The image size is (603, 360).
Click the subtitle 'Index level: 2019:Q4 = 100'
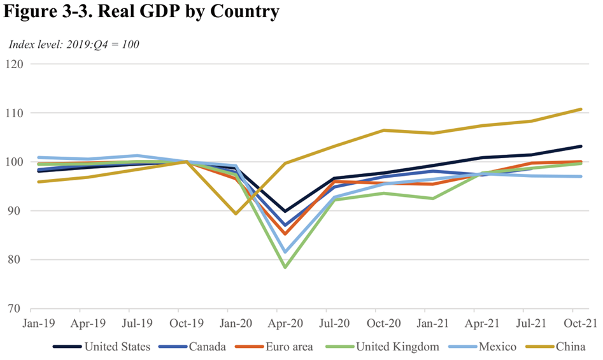(x=74, y=45)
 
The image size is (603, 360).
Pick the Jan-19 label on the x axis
(x=38, y=324)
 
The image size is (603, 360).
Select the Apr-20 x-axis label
(x=285, y=324)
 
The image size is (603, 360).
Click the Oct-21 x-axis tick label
(x=581, y=324)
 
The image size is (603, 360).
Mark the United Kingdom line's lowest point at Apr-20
(x=285, y=267)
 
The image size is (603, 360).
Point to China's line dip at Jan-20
(x=236, y=213)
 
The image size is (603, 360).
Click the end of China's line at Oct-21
(x=581, y=109)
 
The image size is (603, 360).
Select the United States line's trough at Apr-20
(x=285, y=211)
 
